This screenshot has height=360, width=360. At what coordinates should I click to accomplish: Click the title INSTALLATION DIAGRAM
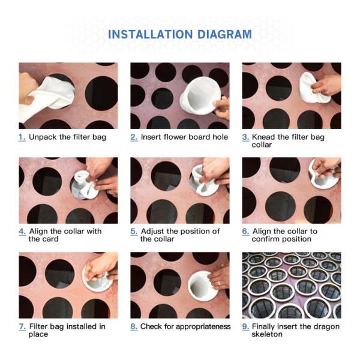(179, 34)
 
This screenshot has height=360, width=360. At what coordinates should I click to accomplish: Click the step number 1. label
(22, 137)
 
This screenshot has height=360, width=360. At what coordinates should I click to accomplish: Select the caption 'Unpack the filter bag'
(67, 137)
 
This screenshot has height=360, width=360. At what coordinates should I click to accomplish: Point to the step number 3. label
(245, 137)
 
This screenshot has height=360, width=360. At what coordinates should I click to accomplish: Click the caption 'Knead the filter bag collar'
(287, 141)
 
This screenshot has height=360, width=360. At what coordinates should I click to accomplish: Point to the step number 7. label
(22, 326)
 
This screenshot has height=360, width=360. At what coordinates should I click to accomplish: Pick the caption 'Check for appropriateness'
(185, 326)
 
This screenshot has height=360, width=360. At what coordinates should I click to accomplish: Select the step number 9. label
(245, 326)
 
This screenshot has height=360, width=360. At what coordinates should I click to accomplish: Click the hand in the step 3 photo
(327, 84)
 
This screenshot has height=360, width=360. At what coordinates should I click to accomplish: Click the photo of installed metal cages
(291, 285)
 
